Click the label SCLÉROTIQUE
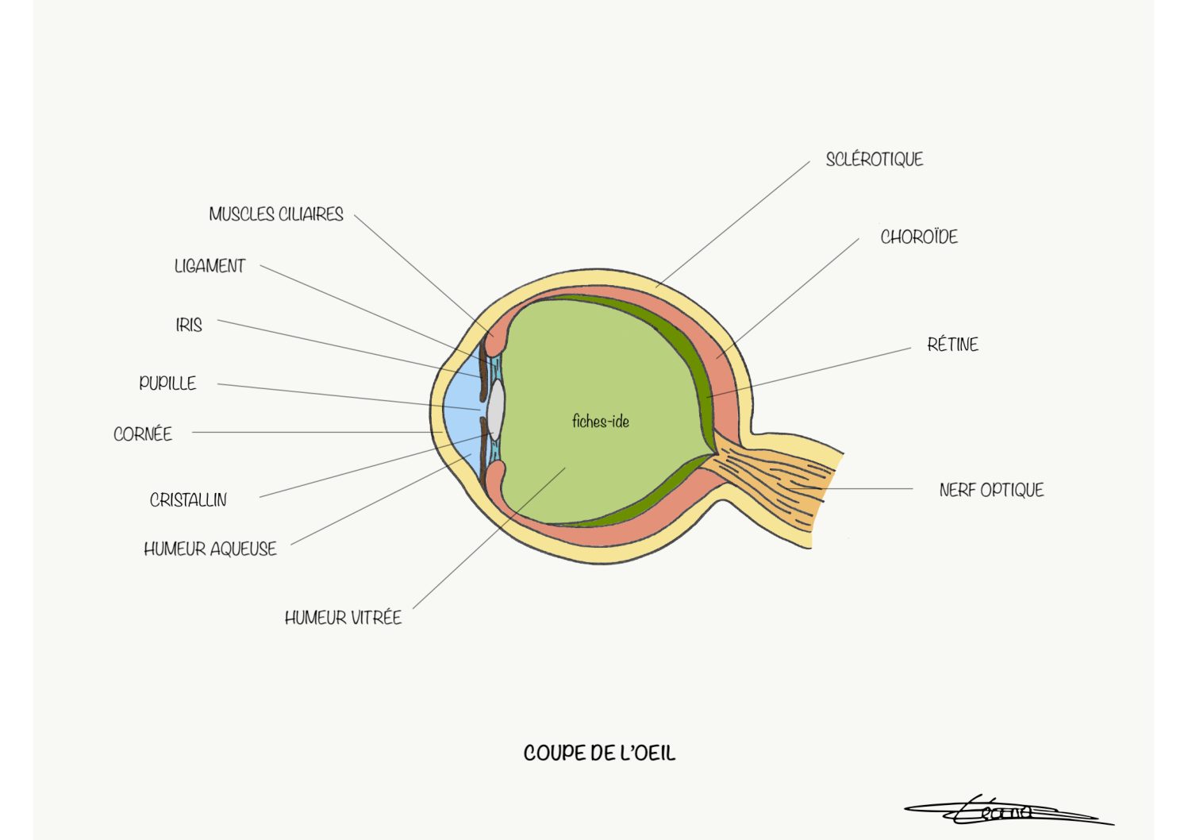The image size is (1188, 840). pos(874,160)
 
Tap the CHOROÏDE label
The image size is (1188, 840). pos(919,237)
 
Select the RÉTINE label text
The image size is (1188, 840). pos(952,345)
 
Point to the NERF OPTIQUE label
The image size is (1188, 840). pos(991,490)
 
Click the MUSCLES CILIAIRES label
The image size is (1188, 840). pos(276,214)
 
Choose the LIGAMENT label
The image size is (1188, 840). pos(210,266)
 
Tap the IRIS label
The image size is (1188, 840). pos(189,325)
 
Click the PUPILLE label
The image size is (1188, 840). pos(167,383)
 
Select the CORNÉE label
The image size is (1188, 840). pos(143,434)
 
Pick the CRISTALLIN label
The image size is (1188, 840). pos(188,500)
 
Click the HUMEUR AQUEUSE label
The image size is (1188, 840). pos(210,549)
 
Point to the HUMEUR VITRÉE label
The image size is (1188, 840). pos(343,618)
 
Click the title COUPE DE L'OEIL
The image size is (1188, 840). pos(599,753)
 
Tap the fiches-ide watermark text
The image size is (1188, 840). pos(601,422)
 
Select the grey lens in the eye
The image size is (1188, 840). pos(496,410)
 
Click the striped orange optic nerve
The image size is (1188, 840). pos(775,480)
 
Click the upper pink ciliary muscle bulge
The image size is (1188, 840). pos(497,340)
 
